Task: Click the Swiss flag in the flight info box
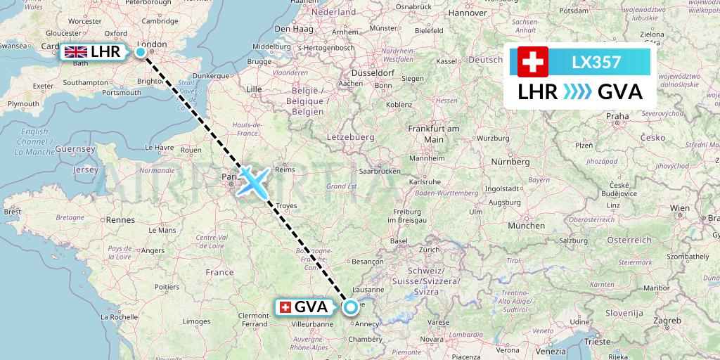click(x=533, y=63)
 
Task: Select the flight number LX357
click(x=596, y=63)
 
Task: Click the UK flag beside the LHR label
click(x=75, y=52)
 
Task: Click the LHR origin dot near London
click(x=141, y=52)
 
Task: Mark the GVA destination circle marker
click(x=350, y=307)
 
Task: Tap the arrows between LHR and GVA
click(x=577, y=92)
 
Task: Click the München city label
click(x=527, y=226)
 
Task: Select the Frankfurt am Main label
click(x=434, y=134)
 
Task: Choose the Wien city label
click(x=679, y=208)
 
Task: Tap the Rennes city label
click(x=120, y=220)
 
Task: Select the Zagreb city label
click(x=666, y=320)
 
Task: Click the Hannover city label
click(x=468, y=13)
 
